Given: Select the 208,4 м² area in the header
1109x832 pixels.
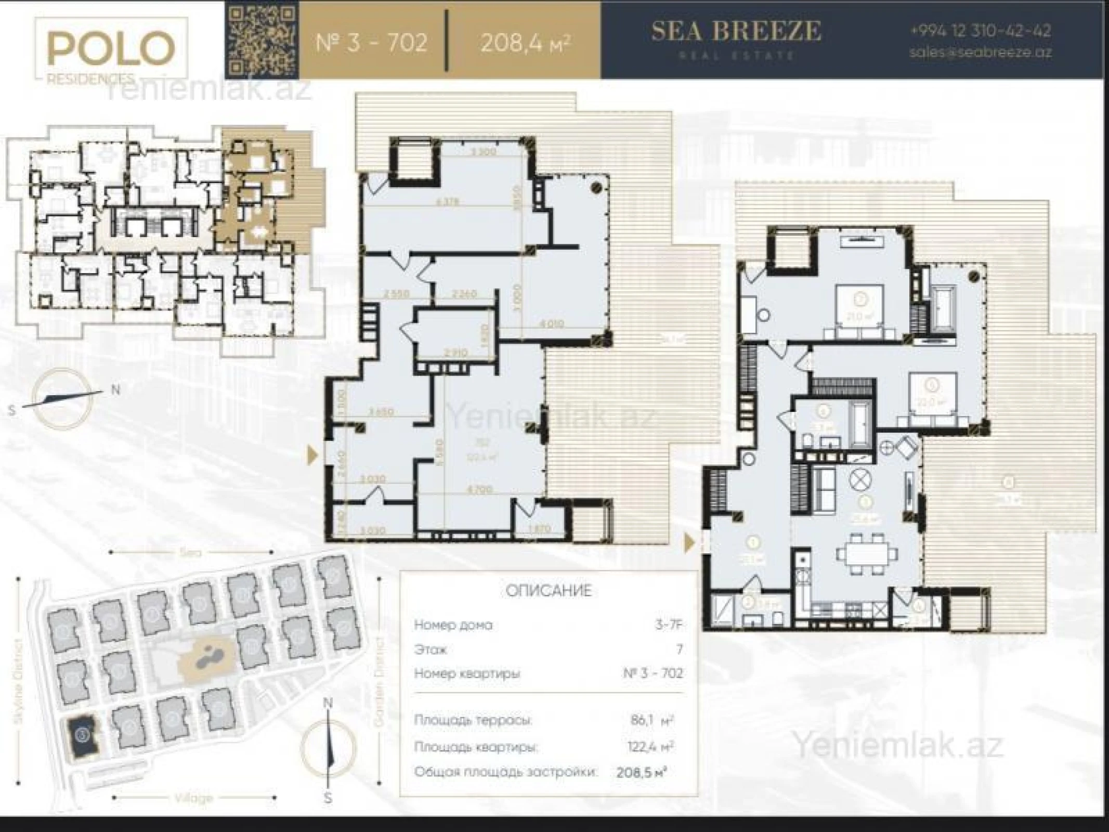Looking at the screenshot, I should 525,42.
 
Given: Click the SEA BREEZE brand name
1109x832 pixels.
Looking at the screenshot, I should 736,31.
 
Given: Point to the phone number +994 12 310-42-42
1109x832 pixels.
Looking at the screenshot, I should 980,30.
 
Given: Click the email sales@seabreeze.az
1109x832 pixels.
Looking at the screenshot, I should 980,53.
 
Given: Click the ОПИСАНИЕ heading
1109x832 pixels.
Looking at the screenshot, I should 549,591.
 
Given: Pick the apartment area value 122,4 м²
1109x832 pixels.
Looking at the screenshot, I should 650,747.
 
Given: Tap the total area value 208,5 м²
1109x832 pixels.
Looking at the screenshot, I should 641,772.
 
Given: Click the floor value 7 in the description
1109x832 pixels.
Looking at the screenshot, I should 679,649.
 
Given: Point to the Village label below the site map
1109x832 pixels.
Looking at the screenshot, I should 193,798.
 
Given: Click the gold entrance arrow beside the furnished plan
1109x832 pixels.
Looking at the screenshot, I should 689,543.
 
